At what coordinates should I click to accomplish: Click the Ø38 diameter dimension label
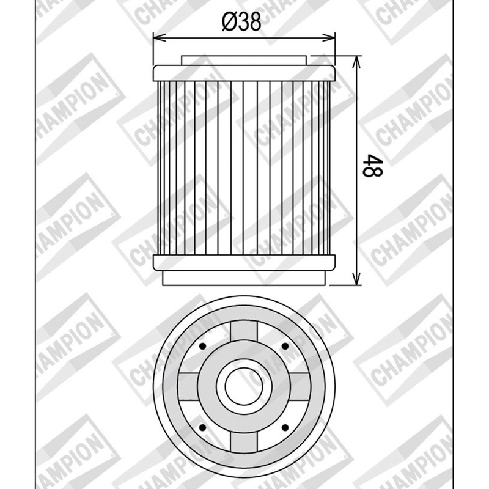(x=241, y=23)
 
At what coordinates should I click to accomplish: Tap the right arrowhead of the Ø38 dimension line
(x=328, y=38)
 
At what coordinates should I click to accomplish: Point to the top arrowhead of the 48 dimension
(x=356, y=62)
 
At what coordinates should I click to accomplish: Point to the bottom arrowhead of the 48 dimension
(x=356, y=279)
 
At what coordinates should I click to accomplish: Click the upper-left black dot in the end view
(x=203, y=346)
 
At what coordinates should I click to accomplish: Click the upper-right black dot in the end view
(x=285, y=346)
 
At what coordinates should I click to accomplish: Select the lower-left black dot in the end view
(x=203, y=427)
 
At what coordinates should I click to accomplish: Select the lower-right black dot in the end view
(x=285, y=427)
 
